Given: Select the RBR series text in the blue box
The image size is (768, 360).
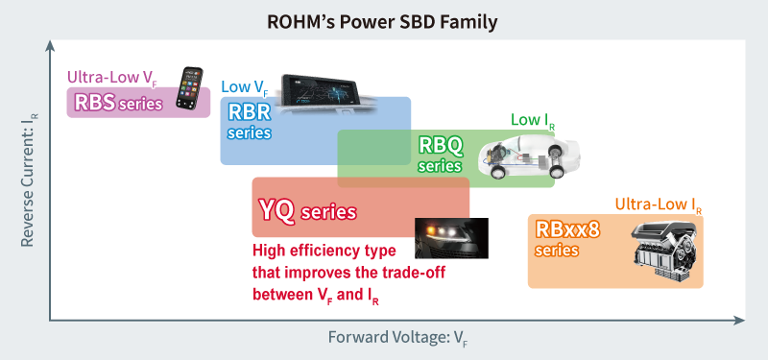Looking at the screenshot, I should [250, 121].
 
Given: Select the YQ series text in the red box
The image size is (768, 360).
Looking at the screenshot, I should [307, 211].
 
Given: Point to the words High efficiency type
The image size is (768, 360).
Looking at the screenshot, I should [324, 251].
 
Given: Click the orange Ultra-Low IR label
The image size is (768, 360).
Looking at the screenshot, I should [659, 204].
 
